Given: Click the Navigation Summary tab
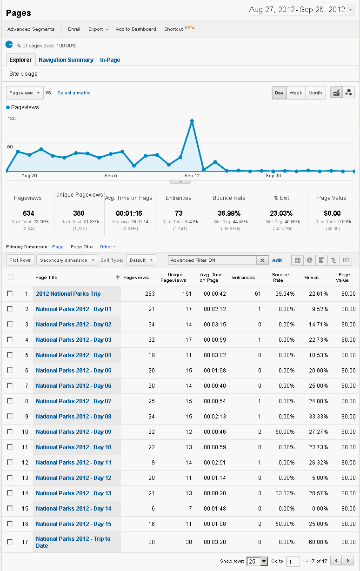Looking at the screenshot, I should coord(66,60).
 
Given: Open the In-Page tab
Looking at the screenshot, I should coord(110,60).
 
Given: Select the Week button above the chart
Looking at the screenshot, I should coord(296,93).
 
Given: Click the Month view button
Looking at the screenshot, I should coord(315,93).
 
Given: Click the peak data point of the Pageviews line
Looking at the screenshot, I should coord(192,121).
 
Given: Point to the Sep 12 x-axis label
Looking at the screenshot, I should coord(192,176).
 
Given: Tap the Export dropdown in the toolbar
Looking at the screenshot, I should coord(98,29).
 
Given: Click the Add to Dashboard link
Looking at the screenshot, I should coord(136,29).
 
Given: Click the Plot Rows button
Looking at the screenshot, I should coord(20,260).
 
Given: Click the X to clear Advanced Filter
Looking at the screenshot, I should coord(262,260).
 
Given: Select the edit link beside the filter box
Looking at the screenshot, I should coord(277,260).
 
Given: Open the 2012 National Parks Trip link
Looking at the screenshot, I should coord(68,294).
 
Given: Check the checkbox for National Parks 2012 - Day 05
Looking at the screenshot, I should coord(10,371).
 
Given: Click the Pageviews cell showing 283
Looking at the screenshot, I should coord(149,294).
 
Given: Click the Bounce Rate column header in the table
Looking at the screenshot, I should coord(278,278).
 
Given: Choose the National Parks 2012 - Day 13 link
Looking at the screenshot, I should coord(73,493).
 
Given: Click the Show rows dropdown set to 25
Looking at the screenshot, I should coord(257,561).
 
